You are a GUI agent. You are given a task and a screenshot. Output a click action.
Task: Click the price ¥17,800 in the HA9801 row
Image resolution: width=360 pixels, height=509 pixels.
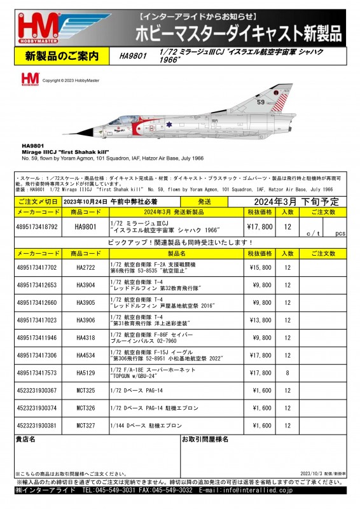point(259,227)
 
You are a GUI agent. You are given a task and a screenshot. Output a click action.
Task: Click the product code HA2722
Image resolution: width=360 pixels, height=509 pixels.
point(85,268)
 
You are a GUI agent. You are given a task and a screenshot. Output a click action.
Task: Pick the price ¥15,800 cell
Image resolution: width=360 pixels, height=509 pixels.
point(259,268)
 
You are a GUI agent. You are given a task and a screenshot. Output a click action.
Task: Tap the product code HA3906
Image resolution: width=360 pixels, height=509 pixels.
point(85,320)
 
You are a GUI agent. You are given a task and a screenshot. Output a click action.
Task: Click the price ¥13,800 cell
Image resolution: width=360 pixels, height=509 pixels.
point(259,320)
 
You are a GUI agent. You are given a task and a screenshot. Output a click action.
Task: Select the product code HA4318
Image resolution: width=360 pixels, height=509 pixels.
point(85,338)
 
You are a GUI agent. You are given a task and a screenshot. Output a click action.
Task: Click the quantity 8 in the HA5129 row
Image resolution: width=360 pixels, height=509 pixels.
point(287,373)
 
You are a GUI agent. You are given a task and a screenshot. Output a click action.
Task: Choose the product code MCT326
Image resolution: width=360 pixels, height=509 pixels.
point(85,408)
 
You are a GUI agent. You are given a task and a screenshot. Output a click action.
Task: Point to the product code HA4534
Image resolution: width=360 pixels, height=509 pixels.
point(85,355)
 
